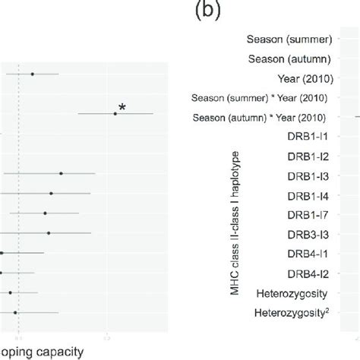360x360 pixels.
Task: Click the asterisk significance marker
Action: [122, 108]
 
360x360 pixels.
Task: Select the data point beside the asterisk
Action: [115, 113]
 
